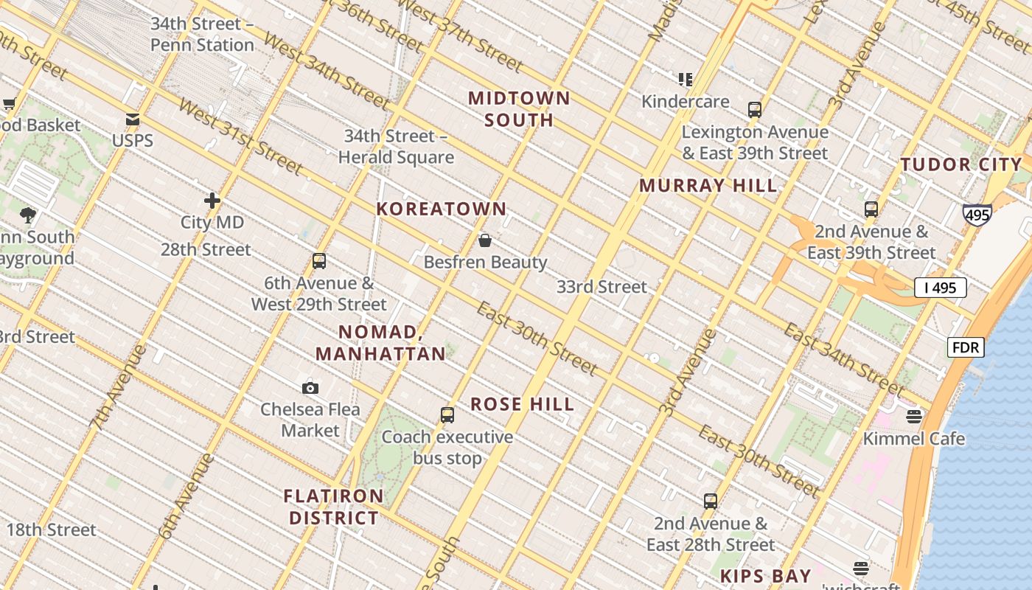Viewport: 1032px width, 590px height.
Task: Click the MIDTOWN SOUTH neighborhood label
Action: point(519,109)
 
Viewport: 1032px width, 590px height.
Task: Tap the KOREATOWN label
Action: point(442,209)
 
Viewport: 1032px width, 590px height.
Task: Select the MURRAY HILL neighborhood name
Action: point(708,186)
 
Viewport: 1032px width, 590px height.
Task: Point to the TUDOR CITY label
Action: point(961,164)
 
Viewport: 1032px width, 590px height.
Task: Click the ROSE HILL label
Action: point(522,404)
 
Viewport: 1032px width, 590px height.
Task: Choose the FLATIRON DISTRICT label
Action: point(334,507)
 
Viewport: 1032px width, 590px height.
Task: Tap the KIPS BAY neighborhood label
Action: point(765,576)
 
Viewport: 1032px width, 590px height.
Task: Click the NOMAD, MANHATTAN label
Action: point(380,343)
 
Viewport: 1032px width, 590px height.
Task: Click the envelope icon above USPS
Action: point(133,119)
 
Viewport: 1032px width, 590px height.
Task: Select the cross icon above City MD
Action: point(212,201)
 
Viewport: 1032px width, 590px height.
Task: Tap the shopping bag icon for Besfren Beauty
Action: point(485,240)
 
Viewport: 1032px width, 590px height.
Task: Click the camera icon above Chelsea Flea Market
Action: point(310,388)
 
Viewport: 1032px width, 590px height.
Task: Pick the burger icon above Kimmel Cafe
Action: point(914,417)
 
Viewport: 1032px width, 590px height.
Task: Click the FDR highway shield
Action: point(966,347)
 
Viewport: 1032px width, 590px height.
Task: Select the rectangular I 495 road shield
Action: point(940,288)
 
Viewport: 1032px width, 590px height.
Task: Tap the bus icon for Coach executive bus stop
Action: point(447,415)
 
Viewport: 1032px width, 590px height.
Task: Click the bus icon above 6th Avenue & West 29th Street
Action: point(319,261)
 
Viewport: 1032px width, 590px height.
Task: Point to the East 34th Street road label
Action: point(843,359)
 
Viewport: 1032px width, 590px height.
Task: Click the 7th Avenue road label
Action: point(118,388)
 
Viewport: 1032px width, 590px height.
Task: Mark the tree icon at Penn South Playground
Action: point(29,215)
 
